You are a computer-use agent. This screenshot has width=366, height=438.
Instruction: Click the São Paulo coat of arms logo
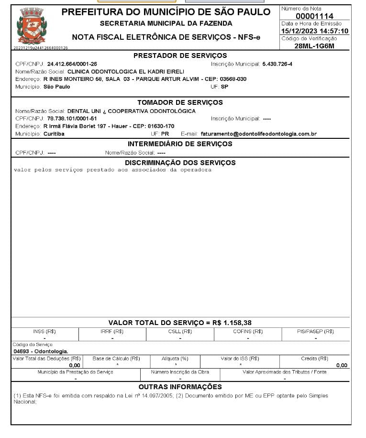(x=32, y=27)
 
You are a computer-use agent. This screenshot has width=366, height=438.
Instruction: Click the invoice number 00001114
(x=314, y=16)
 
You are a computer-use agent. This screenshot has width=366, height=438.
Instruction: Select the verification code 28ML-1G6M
(x=314, y=46)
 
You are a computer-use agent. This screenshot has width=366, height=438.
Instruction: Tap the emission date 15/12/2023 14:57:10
(x=314, y=31)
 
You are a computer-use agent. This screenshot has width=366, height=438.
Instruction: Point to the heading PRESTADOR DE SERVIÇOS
(x=180, y=56)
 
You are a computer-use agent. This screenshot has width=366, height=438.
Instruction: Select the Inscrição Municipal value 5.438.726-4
(x=277, y=64)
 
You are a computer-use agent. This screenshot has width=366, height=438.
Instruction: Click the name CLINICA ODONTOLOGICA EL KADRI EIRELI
(x=126, y=71)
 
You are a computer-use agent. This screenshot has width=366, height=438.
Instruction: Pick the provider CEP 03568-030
(x=233, y=79)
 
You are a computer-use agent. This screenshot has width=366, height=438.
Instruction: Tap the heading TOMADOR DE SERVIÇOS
(x=180, y=102)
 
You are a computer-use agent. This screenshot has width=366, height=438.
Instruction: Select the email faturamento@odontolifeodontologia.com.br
(x=259, y=134)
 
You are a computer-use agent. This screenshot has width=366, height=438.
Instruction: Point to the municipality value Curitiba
(x=54, y=134)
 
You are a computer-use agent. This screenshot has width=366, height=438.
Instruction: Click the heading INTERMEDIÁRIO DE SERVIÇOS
(x=180, y=144)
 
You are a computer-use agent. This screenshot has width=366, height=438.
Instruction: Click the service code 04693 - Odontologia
(x=41, y=351)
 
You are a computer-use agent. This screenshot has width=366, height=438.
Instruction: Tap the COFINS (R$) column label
(x=248, y=331)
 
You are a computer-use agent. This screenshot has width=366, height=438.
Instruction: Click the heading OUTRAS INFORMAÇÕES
(x=180, y=386)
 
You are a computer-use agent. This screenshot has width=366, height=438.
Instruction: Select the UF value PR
(x=165, y=134)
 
